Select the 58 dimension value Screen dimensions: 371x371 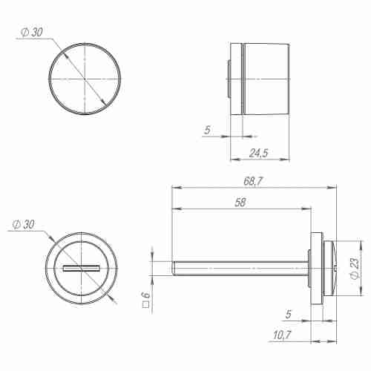[x=239, y=203]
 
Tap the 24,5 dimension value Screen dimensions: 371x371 [x=258, y=153]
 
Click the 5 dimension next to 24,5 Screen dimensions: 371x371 [x=209, y=130]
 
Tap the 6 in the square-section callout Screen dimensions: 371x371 [x=146, y=296]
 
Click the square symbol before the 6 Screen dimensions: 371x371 [x=146, y=305]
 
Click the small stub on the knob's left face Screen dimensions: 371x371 [x=227, y=78]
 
